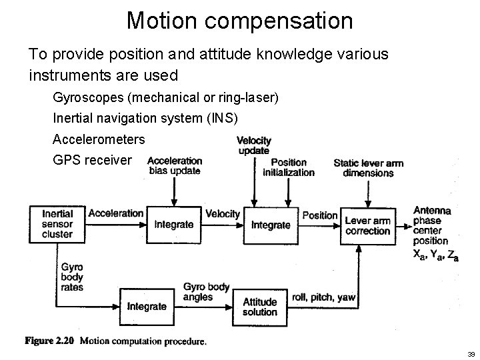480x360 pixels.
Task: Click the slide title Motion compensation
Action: (x=239, y=21)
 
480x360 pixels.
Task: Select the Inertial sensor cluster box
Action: (x=57, y=224)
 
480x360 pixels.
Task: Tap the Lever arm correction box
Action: (x=367, y=225)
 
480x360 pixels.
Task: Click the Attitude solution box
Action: (x=260, y=306)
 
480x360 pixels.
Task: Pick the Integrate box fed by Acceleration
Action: (x=173, y=225)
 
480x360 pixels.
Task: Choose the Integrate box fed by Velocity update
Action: (x=271, y=225)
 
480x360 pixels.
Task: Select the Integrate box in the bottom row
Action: (x=147, y=306)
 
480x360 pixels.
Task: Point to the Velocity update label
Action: (x=254, y=145)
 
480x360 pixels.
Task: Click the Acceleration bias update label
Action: (x=174, y=165)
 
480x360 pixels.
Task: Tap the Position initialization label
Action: (x=289, y=167)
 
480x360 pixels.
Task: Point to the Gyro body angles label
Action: (x=206, y=292)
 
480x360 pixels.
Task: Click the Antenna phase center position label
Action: (x=432, y=225)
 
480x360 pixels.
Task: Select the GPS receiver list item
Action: (x=93, y=161)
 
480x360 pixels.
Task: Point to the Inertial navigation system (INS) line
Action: (x=145, y=119)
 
